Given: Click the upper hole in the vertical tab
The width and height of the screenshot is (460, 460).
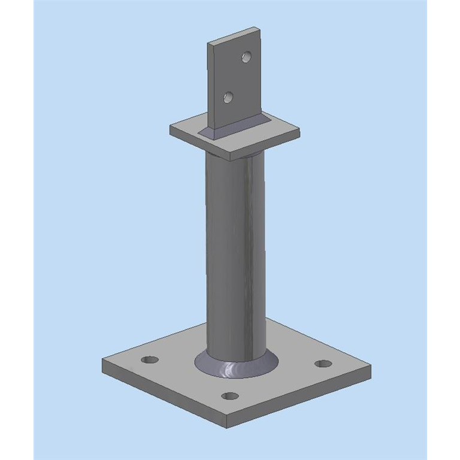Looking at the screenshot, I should [246, 57].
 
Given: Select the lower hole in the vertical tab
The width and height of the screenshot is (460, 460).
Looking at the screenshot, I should [228, 97].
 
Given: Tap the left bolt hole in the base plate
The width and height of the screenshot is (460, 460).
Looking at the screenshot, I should [149, 360].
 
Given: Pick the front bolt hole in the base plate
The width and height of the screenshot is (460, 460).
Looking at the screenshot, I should [230, 396].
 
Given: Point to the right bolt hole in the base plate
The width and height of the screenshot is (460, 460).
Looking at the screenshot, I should [323, 364].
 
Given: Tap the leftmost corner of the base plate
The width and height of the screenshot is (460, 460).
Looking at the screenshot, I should [103, 361].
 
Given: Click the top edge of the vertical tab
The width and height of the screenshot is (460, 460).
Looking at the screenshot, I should [234, 34].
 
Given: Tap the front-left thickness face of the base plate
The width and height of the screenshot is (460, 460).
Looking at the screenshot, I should [162, 395].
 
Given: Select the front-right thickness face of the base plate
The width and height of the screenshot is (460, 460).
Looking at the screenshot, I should [299, 401].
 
